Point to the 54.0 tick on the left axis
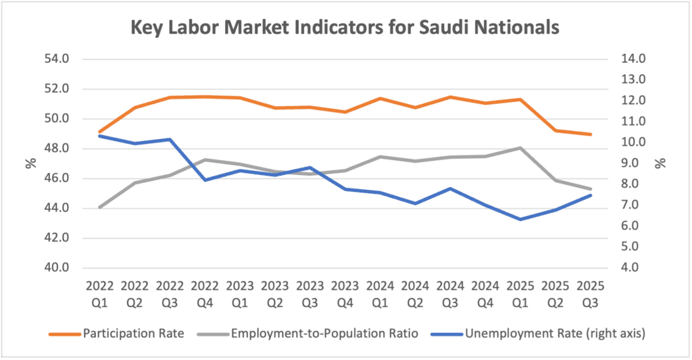click(x=57, y=59)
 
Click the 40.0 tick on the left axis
click(x=57, y=267)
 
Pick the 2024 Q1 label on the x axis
click(x=380, y=292)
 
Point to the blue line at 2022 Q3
click(x=170, y=139)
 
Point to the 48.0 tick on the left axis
click(x=57, y=149)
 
